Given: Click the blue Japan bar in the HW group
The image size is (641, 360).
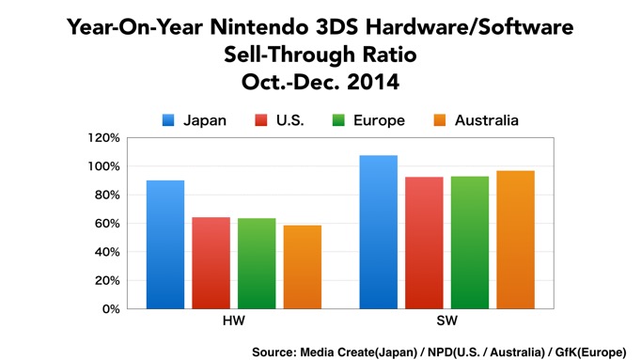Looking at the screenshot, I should pos(165,244).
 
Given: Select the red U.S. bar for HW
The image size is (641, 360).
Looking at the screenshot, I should pos(211,263).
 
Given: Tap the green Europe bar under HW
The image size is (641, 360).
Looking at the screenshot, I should pos(257,263).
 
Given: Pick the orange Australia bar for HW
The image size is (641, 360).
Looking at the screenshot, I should pos(302,267).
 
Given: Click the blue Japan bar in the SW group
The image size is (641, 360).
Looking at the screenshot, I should pos(379,232).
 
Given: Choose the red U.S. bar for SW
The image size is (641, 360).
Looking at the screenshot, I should pos(424,243).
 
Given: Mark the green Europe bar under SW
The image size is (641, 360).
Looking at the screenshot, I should pos(469,243).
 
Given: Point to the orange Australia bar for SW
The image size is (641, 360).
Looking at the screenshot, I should pos(514,240).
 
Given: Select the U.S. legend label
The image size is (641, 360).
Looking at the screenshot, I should pos(295,119).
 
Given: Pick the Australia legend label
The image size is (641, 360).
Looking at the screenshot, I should pos(486,119).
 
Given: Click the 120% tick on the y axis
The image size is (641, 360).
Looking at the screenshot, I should pos(104,138).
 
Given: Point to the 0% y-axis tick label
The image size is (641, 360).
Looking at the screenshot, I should pos(110,309).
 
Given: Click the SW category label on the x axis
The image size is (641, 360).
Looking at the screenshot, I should pos(446,321).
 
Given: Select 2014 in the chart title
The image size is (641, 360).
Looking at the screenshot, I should pos(374,83).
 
